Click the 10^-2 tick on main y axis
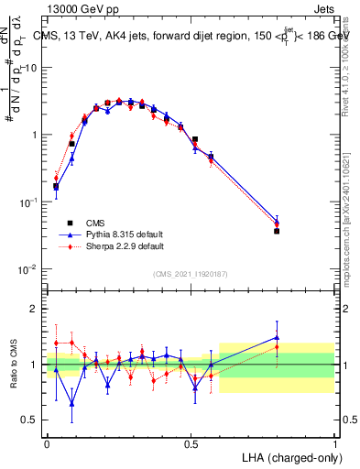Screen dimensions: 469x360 tap(30, 269)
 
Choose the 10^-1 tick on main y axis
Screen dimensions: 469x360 tap(30, 202)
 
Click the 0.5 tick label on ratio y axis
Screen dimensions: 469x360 tap(30, 421)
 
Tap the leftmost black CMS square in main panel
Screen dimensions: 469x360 tap(56, 187)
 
